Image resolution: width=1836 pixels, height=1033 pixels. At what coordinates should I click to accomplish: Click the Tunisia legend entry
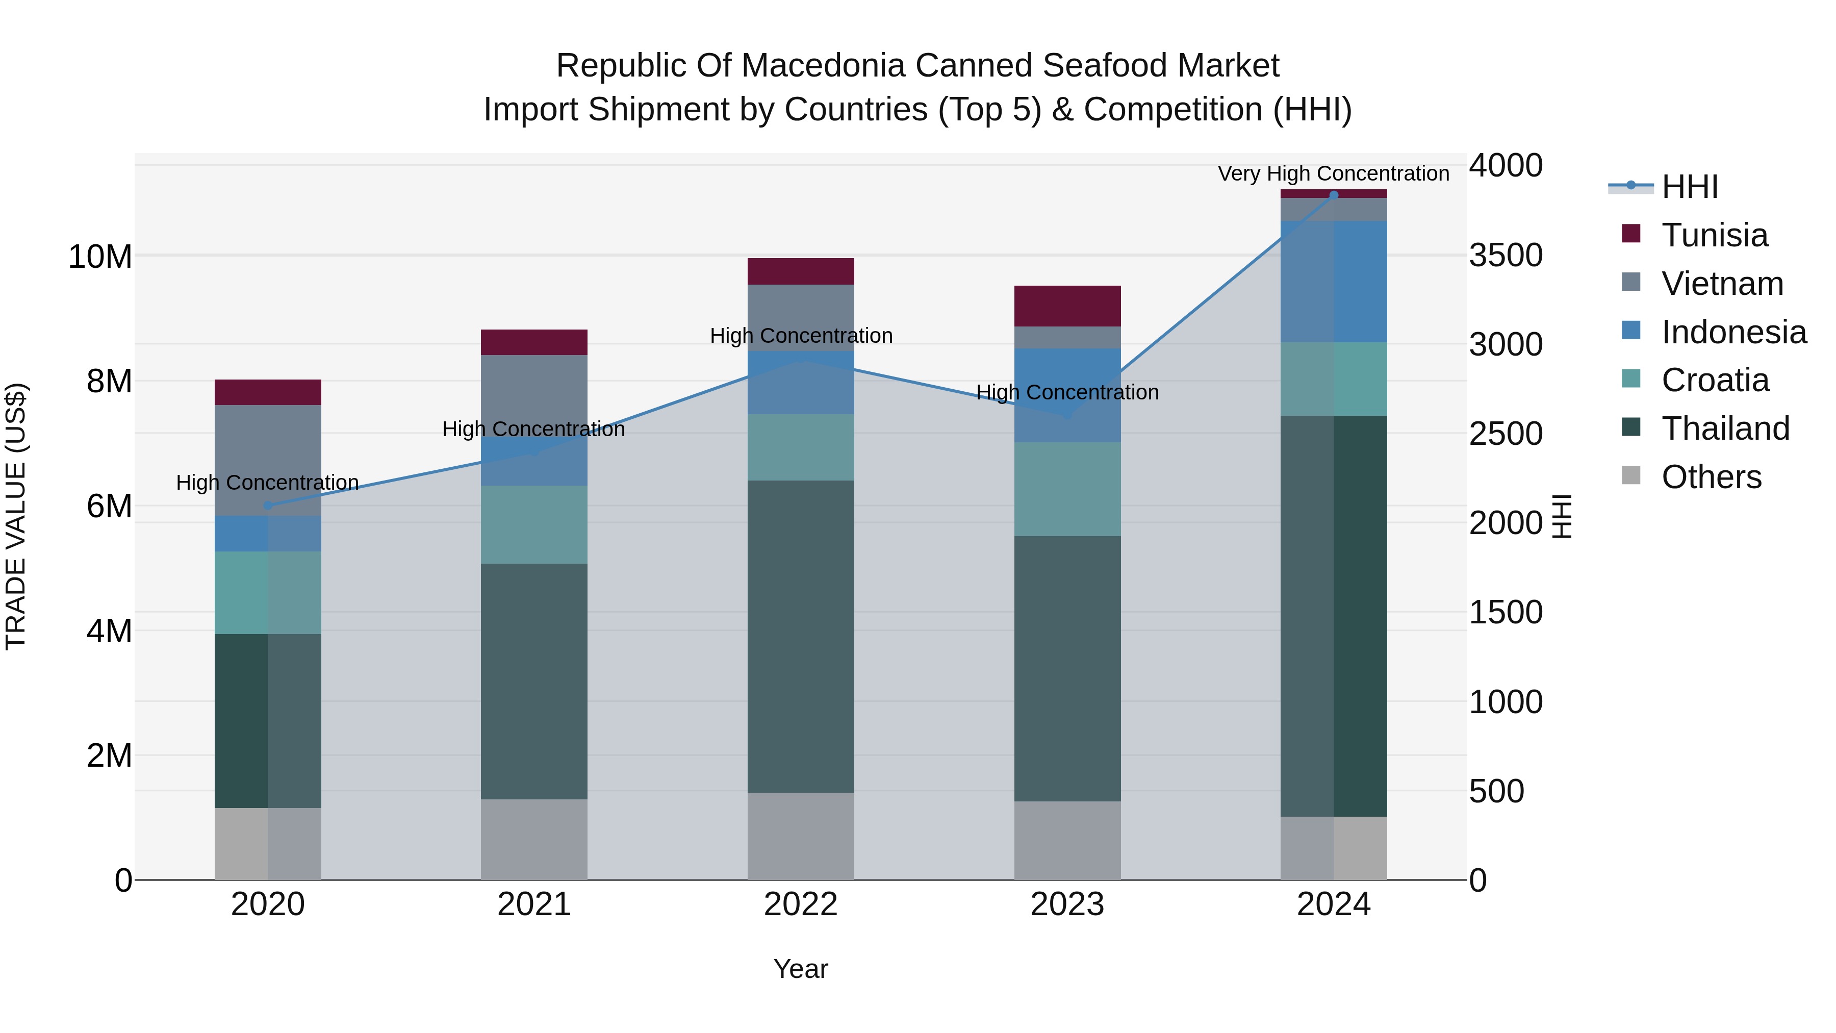pyautogui.click(x=1714, y=235)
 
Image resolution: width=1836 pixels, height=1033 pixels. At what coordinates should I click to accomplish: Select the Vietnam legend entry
pyautogui.click(x=1722, y=284)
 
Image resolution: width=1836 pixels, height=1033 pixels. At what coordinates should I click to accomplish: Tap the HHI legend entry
pyautogui.click(x=1689, y=187)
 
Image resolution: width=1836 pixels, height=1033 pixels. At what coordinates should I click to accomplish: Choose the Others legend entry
pyautogui.click(x=1711, y=477)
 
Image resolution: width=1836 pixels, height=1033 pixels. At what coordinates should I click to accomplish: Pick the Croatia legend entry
pyautogui.click(x=1715, y=380)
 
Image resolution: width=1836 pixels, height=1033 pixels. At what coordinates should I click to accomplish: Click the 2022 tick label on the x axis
pyautogui.click(x=800, y=904)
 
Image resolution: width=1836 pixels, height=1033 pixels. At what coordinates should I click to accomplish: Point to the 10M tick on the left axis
pyautogui.click(x=100, y=257)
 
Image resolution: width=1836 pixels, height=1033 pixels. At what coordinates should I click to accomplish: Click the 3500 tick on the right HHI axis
pyautogui.click(x=1506, y=255)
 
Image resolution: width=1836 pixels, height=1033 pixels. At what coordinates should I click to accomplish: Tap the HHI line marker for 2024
pyautogui.click(x=1334, y=195)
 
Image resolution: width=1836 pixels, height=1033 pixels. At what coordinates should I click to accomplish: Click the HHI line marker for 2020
pyautogui.click(x=268, y=506)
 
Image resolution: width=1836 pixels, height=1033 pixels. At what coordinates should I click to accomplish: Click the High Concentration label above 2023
pyautogui.click(x=1067, y=392)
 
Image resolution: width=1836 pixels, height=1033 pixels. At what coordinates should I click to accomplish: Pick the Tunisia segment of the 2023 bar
pyautogui.click(x=1067, y=306)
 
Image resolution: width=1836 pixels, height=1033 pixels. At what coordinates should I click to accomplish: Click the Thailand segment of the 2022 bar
pyautogui.click(x=800, y=636)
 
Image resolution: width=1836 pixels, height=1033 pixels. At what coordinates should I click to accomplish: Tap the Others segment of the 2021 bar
pyautogui.click(x=534, y=839)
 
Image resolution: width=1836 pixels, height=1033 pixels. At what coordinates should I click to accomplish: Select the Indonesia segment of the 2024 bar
pyautogui.click(x=1334, y=282)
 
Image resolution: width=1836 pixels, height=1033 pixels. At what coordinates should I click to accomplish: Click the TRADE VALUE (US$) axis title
pyautogui.click(x=16, y=516)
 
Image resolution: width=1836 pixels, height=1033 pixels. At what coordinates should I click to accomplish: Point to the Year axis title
pyautogui.click(x=800, y=969)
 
